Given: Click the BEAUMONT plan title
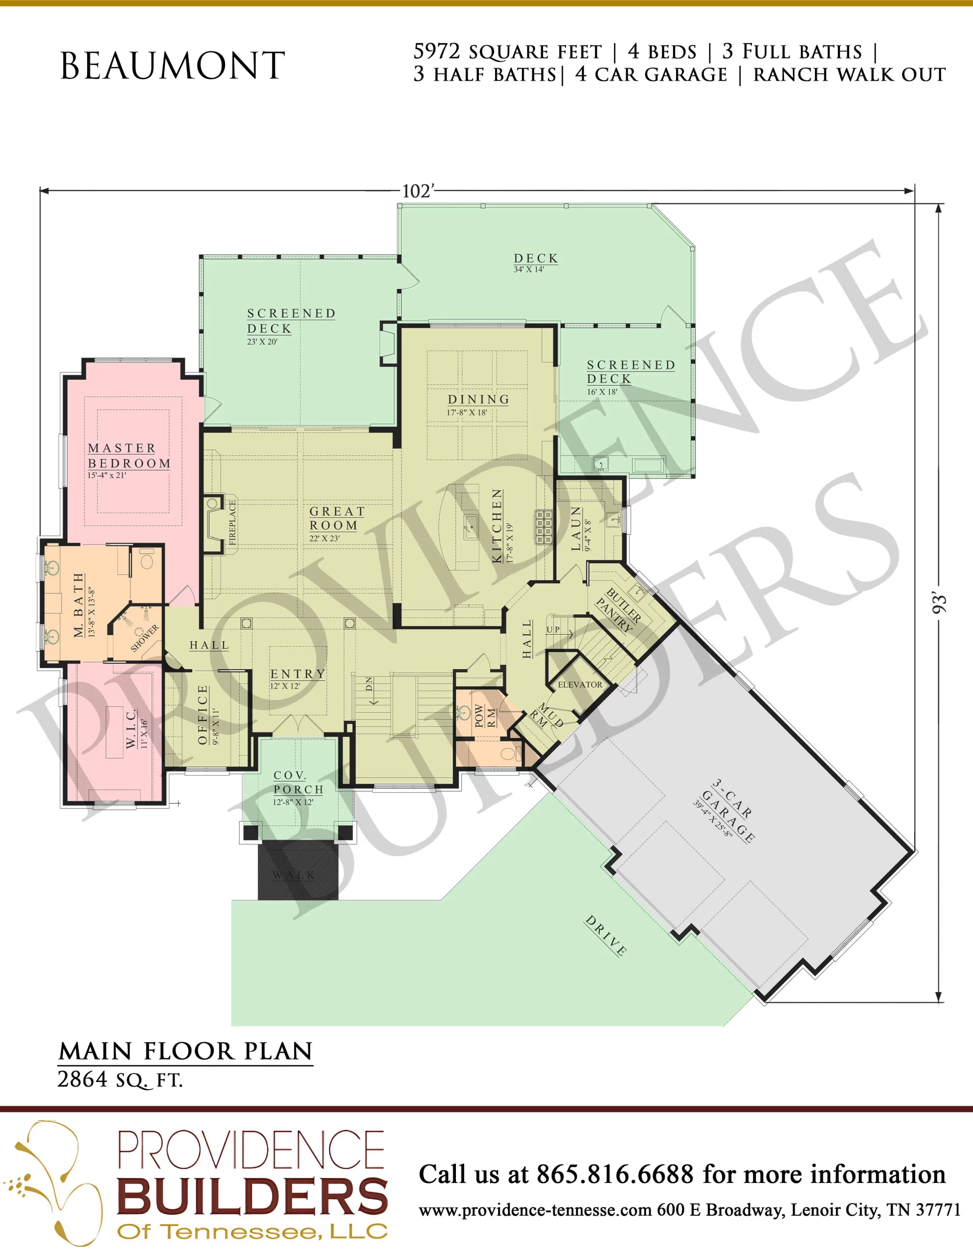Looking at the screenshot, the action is pos(173,66).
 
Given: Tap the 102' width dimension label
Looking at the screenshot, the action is pos(418,191).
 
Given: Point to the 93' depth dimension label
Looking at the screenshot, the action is pos(939,604).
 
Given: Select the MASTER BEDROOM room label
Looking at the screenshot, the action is pos(130,456).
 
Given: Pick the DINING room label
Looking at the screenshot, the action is pos(478,399).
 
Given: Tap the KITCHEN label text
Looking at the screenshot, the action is pos(497,526).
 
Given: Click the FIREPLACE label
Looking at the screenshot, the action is pos(232,523).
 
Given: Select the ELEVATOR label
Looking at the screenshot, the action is pos(580,684).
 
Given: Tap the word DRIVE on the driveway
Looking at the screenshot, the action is pos(606,936).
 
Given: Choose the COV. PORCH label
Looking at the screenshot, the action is pos(298,783).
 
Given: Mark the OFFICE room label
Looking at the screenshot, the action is pos(203,715).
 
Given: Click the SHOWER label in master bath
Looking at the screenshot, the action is pos(144,638).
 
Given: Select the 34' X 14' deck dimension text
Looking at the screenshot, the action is pos(529,269).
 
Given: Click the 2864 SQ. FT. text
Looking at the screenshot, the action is pos(120,1080).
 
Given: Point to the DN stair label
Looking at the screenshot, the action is pos(369,683).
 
